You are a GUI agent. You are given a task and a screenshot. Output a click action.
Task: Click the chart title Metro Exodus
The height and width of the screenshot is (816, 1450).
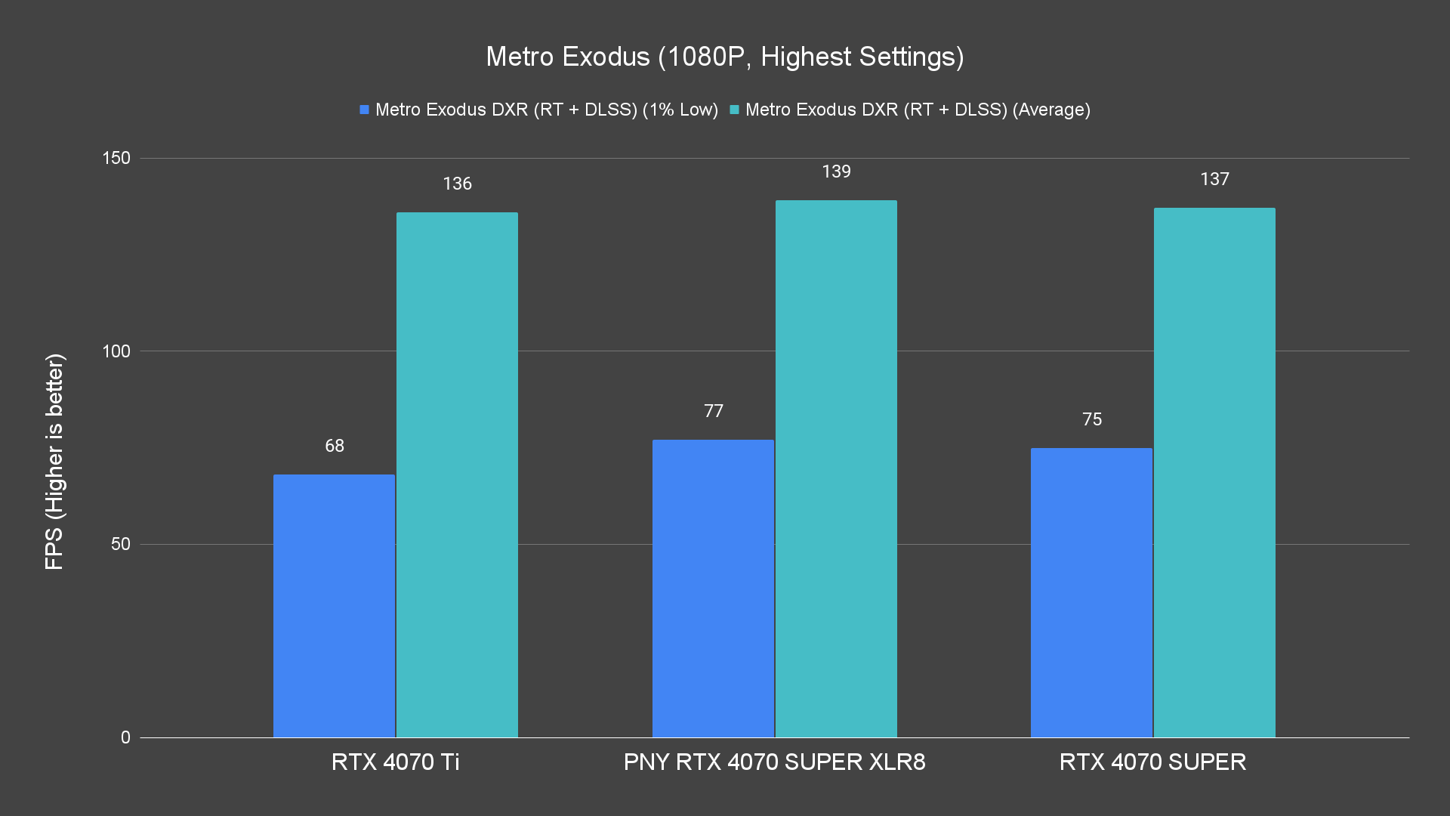724,57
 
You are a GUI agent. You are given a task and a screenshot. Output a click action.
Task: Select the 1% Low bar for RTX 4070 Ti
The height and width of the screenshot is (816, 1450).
334,605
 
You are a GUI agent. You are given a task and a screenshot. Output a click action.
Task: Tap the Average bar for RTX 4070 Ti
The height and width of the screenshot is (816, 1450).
457,474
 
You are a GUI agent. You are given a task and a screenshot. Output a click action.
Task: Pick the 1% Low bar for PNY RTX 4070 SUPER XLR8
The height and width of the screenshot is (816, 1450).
713,588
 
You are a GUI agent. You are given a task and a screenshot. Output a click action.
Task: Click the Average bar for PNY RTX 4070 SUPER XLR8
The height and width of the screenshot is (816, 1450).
836,468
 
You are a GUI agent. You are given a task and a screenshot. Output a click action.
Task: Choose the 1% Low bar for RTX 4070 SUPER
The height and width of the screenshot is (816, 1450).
1091,592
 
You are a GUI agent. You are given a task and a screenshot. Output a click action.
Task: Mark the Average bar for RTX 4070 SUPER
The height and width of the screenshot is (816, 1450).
1214,472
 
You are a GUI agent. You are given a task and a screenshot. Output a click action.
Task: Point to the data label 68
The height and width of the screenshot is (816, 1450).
335,446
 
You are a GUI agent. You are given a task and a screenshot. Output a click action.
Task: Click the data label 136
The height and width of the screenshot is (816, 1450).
457,184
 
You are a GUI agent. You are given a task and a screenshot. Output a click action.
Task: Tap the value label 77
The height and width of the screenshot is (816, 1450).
714,411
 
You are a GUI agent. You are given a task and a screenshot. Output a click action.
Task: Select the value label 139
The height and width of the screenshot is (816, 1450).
836,172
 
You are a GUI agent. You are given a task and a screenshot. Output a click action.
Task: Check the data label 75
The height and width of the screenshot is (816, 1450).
1092,419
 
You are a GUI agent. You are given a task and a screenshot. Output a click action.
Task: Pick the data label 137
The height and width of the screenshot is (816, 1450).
1214,179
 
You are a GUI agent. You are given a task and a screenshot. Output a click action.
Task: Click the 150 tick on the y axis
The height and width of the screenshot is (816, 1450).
116,158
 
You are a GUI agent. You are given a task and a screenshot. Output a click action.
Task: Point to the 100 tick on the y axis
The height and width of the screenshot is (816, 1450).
116,351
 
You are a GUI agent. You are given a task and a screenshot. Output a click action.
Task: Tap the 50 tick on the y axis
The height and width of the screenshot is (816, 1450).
121,544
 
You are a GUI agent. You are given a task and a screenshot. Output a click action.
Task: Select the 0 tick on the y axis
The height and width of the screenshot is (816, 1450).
125,737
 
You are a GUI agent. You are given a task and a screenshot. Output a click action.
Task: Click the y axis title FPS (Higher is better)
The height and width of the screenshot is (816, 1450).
54,461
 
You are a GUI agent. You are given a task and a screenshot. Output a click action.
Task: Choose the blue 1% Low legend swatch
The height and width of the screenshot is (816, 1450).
364,110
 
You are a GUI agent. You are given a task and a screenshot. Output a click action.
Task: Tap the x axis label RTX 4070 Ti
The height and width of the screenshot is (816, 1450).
395,762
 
